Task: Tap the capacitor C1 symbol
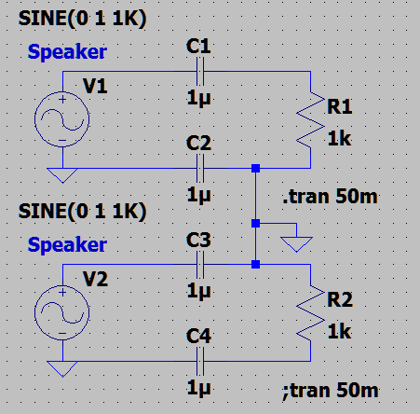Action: (x=200, y=72)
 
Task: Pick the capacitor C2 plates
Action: (x=200, y=168)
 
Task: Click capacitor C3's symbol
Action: (x=200, y=265)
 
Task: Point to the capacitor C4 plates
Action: (x=200, y=361)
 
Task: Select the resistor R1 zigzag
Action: (x=310, y=119)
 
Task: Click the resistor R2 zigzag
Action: (x=310, y=313)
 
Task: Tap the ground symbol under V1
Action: (x=62, y=175)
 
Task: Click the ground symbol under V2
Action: (x=62, y=369)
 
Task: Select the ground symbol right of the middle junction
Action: (x=296, y=244)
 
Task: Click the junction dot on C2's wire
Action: (x=255, y=168)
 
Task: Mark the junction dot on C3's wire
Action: (x=255, y=265)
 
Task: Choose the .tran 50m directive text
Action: (x=330, y=197)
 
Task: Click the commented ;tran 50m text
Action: (x=331, y=391)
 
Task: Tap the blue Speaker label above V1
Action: (x=67, y=51)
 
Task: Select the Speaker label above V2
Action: (x=67, y=245)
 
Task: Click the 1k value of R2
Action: (x=340, y=332)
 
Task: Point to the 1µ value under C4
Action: (x=198, y=389)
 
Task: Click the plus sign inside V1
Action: (x=62, y=100)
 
